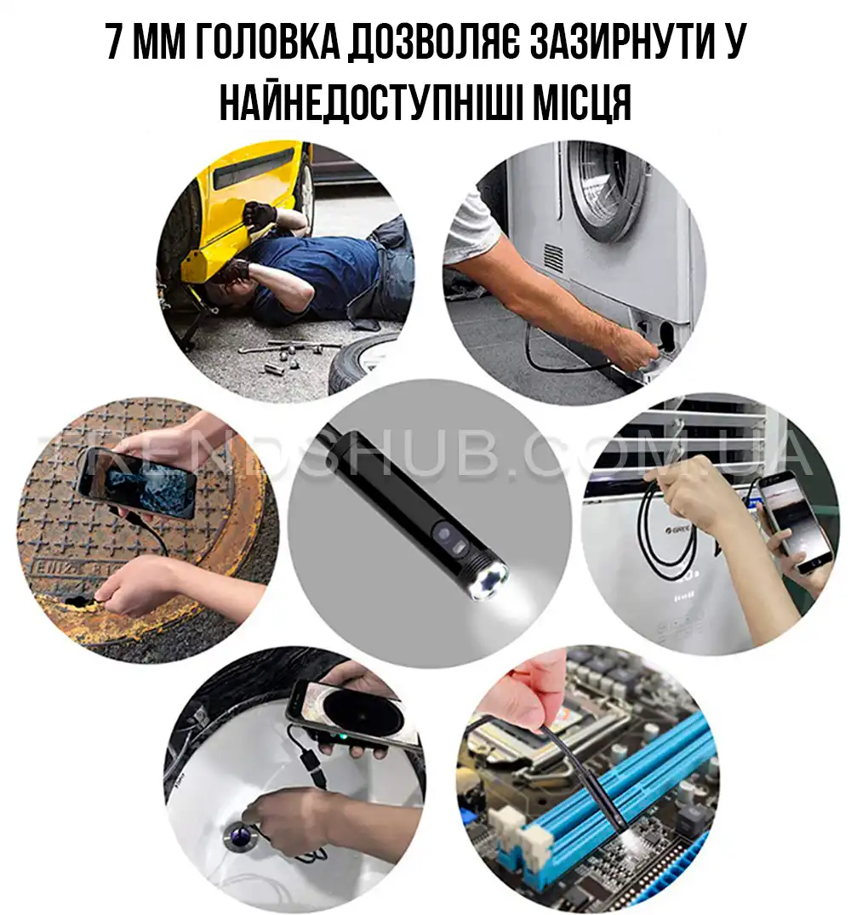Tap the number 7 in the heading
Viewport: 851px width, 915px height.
[x=114, y=43]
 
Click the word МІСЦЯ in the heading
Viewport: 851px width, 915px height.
[x=584, y=102]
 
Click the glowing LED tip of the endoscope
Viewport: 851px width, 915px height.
[x=487, y=581]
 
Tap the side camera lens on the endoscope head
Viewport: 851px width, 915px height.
[x=443, y=534]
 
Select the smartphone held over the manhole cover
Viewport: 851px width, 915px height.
[x=136, y=482]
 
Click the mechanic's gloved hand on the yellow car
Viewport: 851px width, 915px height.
[x=260, y=214]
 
